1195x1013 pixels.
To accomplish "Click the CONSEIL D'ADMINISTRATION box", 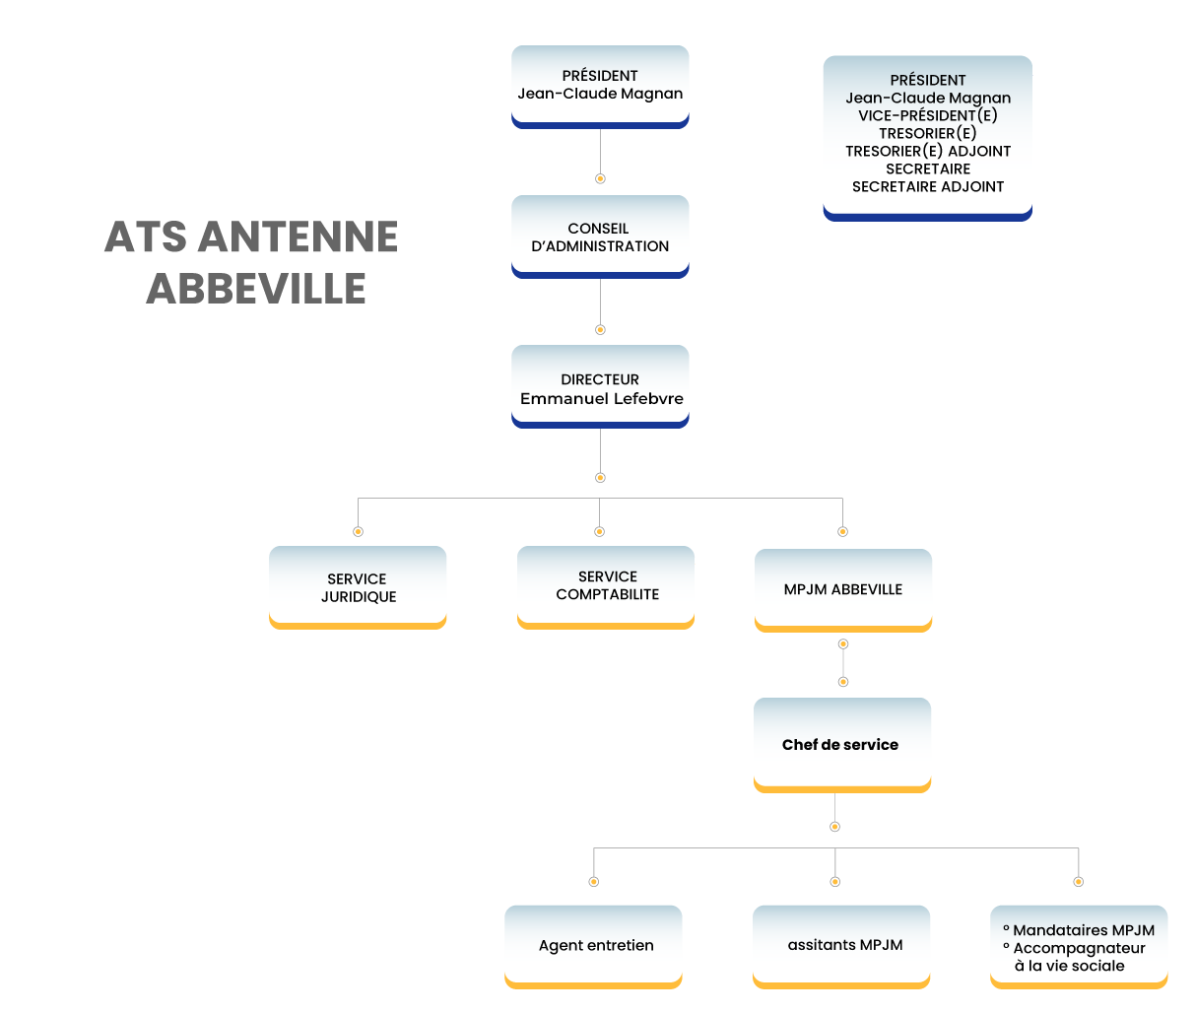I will tap(599, 237).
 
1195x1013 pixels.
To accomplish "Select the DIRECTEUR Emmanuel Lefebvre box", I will tap(600, 388).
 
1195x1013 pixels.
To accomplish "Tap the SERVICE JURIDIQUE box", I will tap(358, 587).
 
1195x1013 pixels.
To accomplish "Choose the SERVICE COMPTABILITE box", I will tap(606, 585).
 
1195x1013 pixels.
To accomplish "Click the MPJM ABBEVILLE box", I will tap(842, 589).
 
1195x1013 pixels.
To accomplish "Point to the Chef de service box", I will tap(841, 745).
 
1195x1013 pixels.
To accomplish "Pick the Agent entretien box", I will tap(594, 945).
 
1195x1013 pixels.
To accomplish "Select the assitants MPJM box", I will tap(843, 944).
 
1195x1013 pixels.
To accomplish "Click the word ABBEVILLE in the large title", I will tap(256, 289).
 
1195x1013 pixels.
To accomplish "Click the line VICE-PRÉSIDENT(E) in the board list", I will tap(927, 115).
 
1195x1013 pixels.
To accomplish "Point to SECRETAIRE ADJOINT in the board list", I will tap(927, 186).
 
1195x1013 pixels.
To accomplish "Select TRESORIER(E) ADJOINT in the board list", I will tap(927, 151).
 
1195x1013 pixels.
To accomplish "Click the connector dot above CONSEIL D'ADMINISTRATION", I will tap(600, 179).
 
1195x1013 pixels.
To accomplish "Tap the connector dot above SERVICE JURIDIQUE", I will tap(358, 531).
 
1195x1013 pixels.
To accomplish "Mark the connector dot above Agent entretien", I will tap(593, 882).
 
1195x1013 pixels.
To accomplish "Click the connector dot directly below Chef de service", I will tap(835, 827).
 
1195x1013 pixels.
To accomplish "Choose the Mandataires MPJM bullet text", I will tap(1083, 930).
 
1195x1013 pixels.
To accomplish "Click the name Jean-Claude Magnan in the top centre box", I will tap(600, 94).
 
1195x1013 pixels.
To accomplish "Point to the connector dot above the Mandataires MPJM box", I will tap(1079, 882).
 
